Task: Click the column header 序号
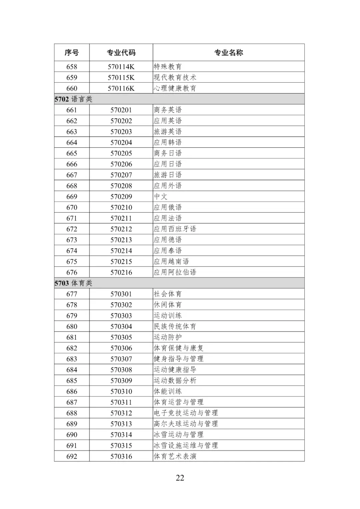[72, 53]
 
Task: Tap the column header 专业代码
[121, 53]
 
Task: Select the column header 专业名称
[228, 53]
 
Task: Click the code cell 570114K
[121, 67]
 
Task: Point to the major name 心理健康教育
[175, 88]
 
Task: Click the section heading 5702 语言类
[74, 99]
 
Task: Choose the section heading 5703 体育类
[74, 283]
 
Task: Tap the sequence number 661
[72, 110]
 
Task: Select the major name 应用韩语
[168, 142]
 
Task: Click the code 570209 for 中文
[121, 197]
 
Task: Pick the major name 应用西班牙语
[175, 229]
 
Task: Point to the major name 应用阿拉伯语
[175, 272]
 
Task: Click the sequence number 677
[72, 294]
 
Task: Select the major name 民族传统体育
[175, 326]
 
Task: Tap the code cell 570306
[121, 348]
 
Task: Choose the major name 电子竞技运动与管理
[186, 413]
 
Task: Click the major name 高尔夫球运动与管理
[186, 424]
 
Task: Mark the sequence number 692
[72, 456]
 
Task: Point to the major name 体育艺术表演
[175, 456]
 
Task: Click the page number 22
[180, 478]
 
